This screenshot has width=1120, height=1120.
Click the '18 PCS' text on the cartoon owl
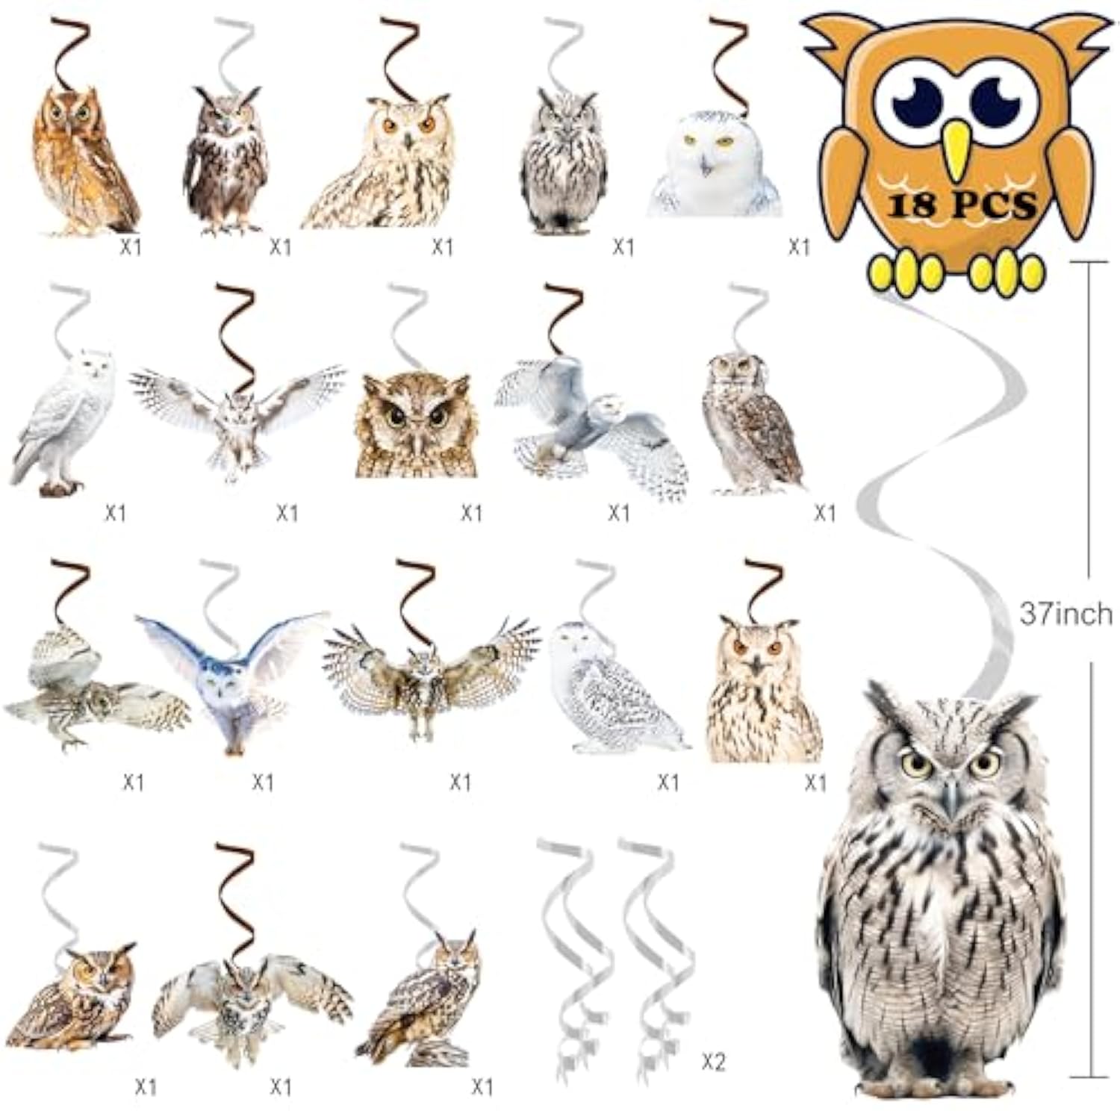pos(961,205)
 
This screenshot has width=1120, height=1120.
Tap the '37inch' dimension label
pos(1065,614)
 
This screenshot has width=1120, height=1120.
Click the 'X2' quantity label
pos(713,1062)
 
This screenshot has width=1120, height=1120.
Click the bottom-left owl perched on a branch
pos(75,997)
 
